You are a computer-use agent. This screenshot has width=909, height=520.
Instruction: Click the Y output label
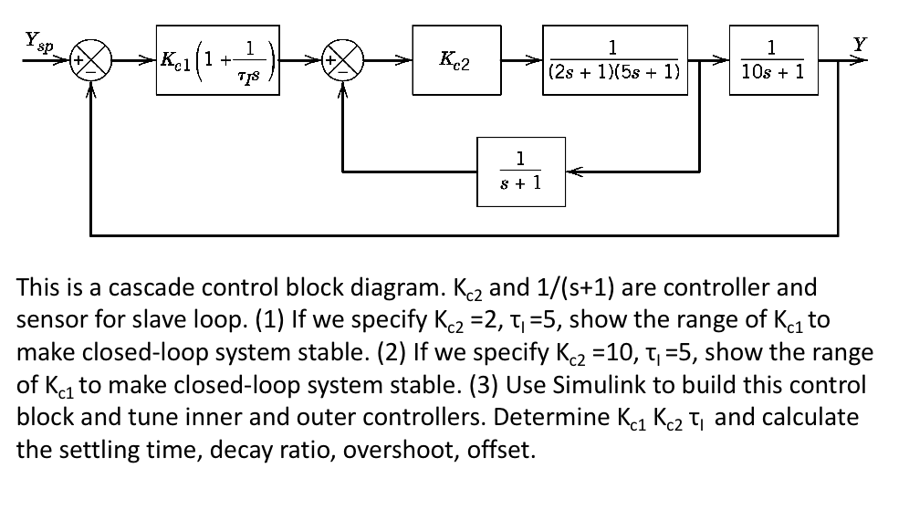(856, 43)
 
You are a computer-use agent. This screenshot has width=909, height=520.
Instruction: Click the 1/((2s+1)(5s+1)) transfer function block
(614, 61)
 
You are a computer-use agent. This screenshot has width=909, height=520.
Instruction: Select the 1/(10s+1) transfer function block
(772, 61)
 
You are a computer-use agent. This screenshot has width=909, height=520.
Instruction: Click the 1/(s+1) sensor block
(521, 171)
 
